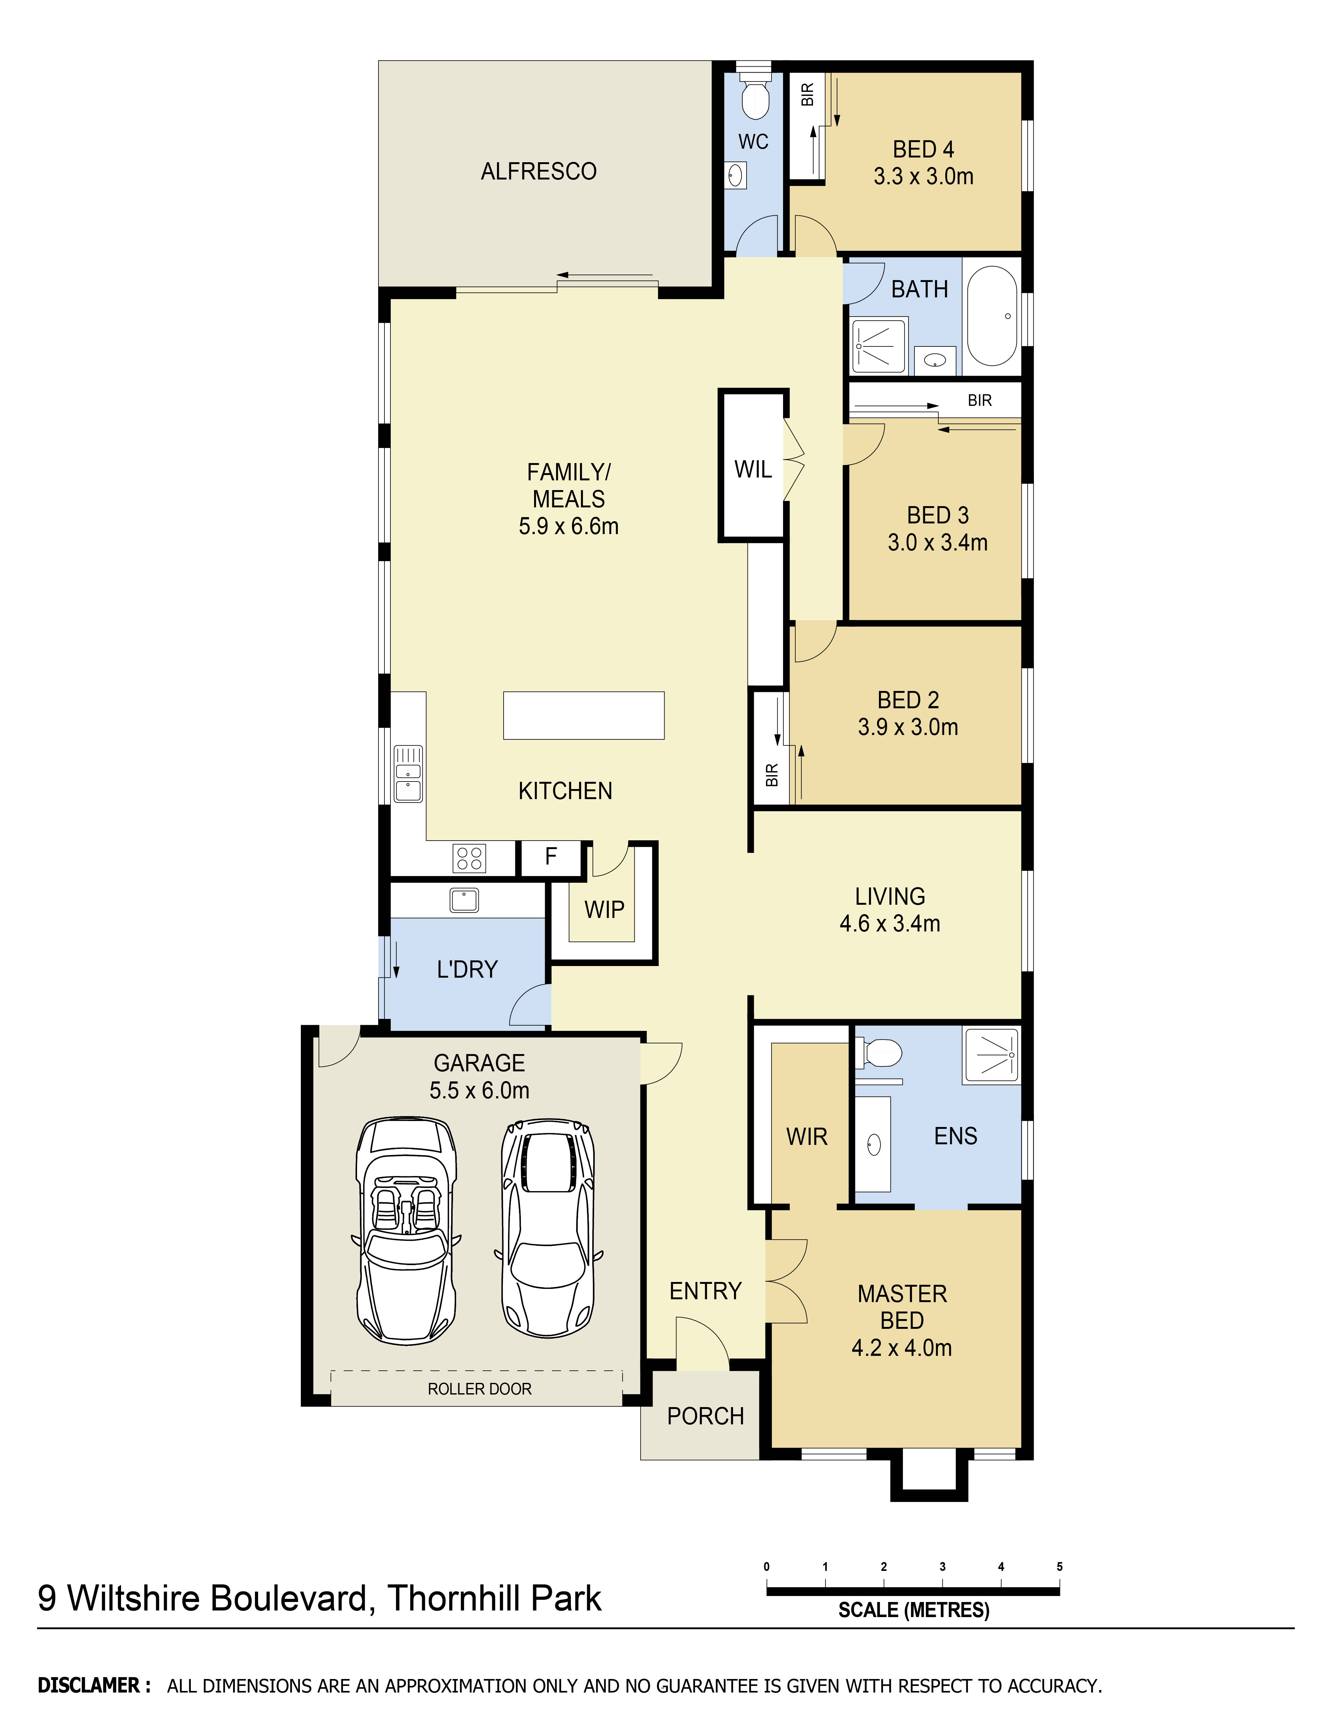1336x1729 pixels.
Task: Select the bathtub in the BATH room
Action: tap(992, 316)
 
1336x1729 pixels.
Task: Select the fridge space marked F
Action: tap(551, 857)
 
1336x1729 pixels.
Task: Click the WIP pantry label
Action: tap(604, 910)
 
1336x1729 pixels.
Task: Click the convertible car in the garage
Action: tap(405, 1231)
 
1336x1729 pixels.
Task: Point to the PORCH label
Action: tap(705, 1416)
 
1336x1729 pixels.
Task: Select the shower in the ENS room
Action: tap(991, 1055)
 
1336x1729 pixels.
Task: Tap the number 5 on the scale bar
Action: tap(1059, 1567)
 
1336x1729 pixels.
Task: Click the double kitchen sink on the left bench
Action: tap(408, 773)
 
